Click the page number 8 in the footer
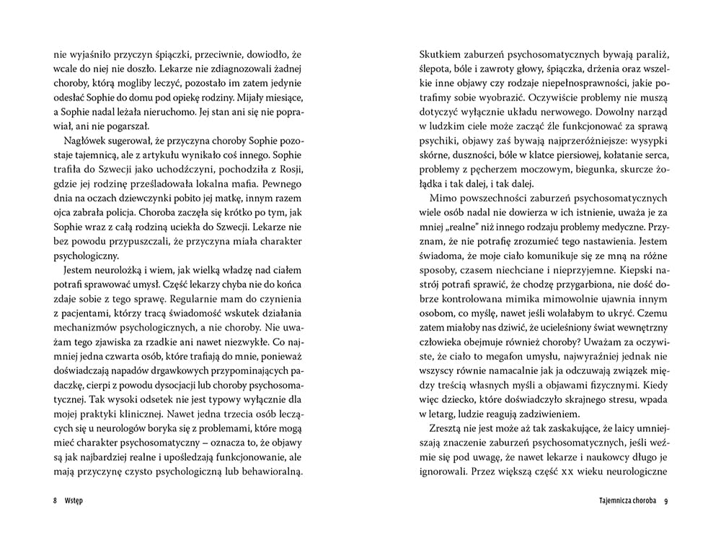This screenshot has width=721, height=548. (x=55, y=501)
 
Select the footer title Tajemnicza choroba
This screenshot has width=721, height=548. (x=627, y=501)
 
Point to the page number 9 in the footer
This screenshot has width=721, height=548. (x=667, y=501)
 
